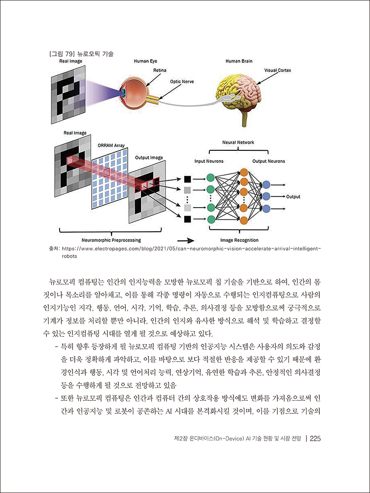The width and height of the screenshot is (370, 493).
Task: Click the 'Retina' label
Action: point(160,70)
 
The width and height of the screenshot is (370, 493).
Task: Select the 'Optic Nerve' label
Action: point(181,82)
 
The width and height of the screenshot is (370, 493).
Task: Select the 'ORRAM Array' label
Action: point(111,145)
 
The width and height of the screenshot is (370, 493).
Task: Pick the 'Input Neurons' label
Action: point(208,161)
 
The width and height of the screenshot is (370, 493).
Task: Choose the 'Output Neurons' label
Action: point(268,161)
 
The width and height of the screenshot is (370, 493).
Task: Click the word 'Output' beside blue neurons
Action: point(293,196)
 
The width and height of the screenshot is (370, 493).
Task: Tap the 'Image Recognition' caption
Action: point(239,240)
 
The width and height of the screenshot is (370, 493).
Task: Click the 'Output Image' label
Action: point(149,157)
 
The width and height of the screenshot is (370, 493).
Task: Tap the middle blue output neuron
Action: point(266,196)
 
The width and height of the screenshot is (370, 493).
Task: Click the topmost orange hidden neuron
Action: point(244,172)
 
